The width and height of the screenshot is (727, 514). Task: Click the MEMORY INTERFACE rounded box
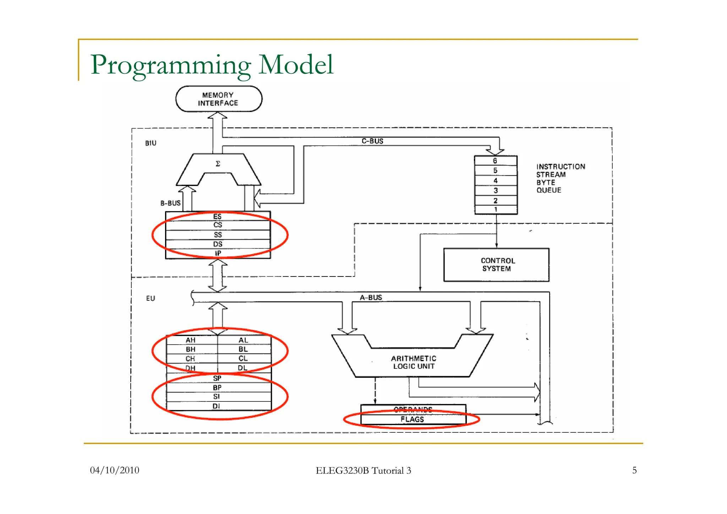tap(218, 99)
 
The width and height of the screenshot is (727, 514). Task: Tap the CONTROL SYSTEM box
tap(496, 265)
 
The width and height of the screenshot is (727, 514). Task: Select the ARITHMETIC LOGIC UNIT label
tap(414, 362)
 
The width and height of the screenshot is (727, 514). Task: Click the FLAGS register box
tap(412, 420)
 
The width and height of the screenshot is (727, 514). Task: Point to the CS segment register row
tap(218, 225)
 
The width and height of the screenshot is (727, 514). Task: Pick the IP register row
tap(218, 253)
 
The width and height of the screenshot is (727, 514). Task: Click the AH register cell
tap(191, 340)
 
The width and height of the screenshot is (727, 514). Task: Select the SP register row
tap(217, 378)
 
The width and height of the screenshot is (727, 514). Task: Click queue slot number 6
tap(495, 161)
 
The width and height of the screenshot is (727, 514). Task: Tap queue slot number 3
tap(496, 191)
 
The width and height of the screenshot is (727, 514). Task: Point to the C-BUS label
tap(372, 141)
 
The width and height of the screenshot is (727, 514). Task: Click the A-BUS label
tap(371, 297)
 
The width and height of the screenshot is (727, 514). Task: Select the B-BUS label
tap(170, 203)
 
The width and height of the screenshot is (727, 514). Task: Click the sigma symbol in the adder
tap(218, 164)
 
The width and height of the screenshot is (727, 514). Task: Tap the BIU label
tap(151, 143)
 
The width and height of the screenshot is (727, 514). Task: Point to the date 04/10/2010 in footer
tap(115, 470)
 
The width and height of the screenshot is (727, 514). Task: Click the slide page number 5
tap(634, 470)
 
